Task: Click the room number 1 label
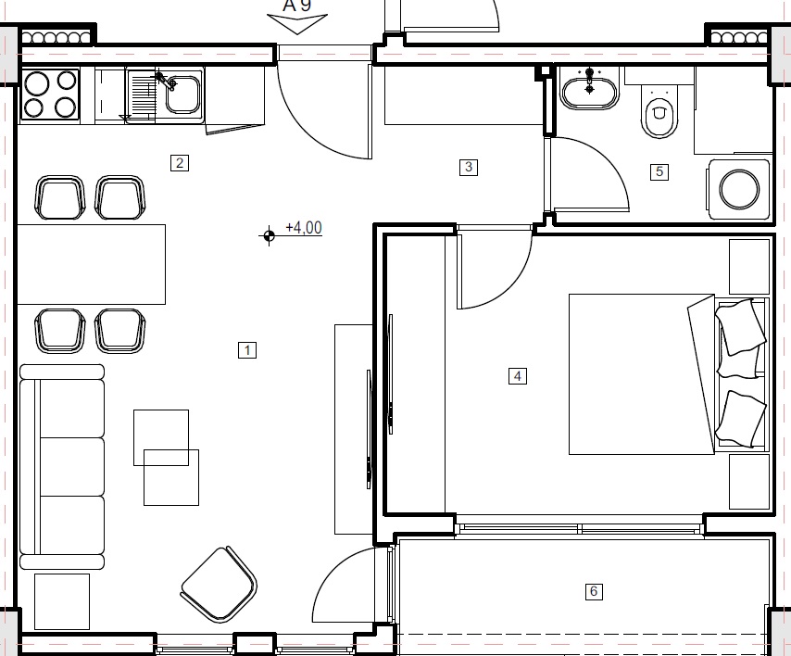point(246,350)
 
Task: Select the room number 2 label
point(180,163)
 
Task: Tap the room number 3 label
point(469,167)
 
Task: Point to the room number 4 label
point(518,375)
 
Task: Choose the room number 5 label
point(659,171)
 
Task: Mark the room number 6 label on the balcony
point(595,591)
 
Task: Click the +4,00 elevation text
point(304,227)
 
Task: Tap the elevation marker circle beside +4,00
point(269,235)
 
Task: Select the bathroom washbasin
point(589,91)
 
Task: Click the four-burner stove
point(50,95)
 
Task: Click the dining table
point(91,264)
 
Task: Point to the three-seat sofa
point(62,466)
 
